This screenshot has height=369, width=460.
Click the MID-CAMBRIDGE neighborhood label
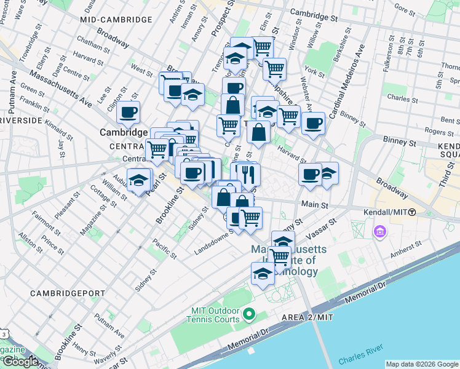pos(116,20)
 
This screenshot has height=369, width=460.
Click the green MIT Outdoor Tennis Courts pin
pos(249,315)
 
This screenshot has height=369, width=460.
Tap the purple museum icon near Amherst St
pos(379,232)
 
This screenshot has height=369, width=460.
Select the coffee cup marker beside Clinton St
pos(128,113)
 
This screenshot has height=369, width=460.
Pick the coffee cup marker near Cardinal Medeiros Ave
pos(313,123)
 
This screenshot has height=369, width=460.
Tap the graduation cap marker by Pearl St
pos(140,180)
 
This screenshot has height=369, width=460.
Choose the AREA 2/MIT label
pos(301,316)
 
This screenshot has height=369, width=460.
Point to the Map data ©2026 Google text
pos(421,364)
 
